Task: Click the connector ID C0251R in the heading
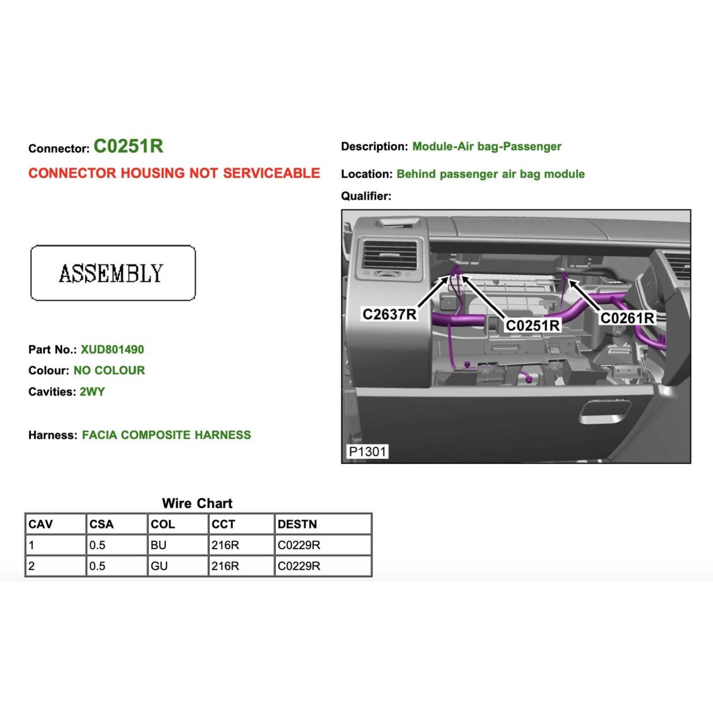click(x=128, y=146)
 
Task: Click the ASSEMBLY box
click(x=113, y=273)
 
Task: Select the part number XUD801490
click(x=112, y=350)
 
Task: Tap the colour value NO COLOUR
click(x=109, y=370)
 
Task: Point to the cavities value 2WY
click(x=92, y=392)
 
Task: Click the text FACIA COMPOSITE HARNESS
click(x=166, y=435)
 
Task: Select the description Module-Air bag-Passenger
click(x=486, y=146)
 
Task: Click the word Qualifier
click(x=366, y=196)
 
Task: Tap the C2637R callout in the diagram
click(x=389, y=314)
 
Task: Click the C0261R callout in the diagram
click(x=627, y=318)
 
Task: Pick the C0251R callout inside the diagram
click(x=532, y=325)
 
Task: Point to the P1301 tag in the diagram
click(x=367, y=451)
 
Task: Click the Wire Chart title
click(x=197, y=503)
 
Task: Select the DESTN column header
click(x=297, y=524)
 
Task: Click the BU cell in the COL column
click(x=159, y=545)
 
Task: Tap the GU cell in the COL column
click(x=159, y=566)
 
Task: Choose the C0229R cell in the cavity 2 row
click(x=299, y=566)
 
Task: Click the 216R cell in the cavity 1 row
click(x=225, y=545)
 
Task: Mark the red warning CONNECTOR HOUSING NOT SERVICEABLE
click(x=174, y=173)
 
